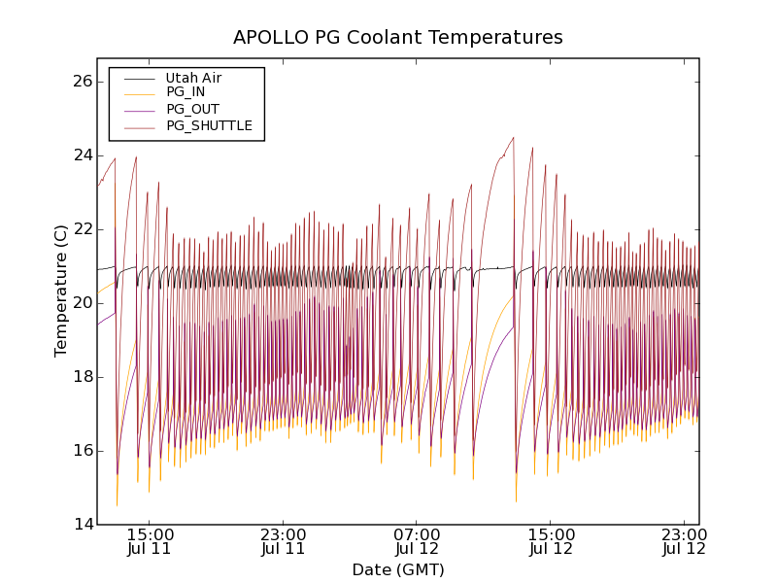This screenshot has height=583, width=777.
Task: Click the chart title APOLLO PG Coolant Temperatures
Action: [398, 38]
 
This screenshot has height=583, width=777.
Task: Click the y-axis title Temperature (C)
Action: [61, 291]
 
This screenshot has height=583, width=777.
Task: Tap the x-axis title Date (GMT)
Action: [398, 569]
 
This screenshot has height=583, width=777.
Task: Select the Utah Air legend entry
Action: [193, 78]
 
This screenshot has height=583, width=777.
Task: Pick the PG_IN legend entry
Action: [186, 92]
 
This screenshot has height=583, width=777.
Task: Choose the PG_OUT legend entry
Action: [192, 109]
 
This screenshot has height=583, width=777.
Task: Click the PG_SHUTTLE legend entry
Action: [209, 125]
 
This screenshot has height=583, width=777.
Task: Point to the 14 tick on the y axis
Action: [82, 525]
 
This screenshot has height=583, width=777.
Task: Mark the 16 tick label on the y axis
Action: [82, 451]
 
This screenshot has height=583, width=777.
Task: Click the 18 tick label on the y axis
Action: [82, 377]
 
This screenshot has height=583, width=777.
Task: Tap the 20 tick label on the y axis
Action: [82, 303]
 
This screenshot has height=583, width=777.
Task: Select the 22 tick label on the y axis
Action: [82, 229]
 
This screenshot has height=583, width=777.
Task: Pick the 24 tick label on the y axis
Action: [82, 155]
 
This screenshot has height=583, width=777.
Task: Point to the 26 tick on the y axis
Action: [82, 82]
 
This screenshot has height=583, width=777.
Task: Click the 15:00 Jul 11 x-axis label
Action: [150, 541]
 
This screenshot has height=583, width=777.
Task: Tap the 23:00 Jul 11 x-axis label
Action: [284, 541]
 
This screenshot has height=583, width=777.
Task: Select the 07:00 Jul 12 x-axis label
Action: [417, 541]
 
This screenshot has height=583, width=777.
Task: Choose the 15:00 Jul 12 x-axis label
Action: [551, 541]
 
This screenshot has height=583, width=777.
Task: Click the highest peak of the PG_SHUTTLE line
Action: [513, 137]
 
